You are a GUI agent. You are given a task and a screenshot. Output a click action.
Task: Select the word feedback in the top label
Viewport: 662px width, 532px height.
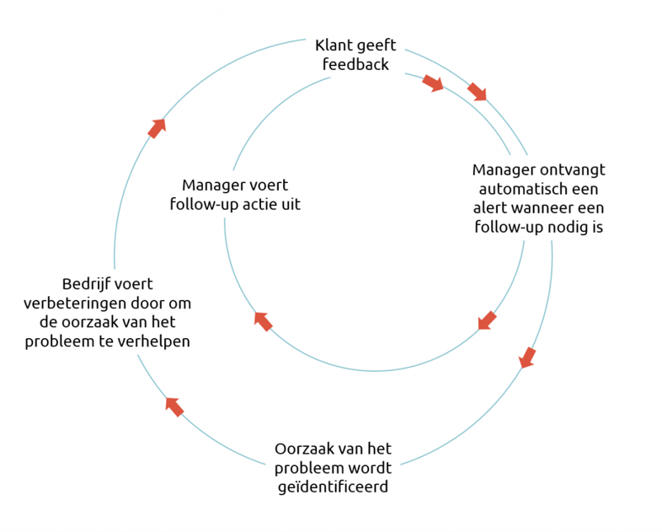pos(355,64)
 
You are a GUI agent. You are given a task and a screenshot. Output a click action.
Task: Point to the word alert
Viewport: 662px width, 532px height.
pos(491,207)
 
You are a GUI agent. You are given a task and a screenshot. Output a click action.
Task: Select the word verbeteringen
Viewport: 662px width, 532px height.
pos(79,303)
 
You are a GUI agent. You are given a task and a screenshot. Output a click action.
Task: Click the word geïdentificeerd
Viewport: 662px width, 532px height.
pos(332,486)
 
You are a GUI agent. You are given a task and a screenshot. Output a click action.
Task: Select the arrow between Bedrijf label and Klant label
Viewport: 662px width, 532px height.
pos(157,127)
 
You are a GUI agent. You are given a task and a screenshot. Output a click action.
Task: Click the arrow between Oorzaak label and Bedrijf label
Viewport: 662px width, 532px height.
pos(174,406)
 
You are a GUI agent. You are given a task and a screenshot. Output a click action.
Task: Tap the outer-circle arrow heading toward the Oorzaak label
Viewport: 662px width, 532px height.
pos(527,357)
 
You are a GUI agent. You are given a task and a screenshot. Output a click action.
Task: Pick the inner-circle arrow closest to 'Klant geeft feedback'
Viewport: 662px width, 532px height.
pos(433,83)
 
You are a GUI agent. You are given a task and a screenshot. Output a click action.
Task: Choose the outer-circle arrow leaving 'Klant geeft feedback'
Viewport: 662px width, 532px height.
pos(477,91)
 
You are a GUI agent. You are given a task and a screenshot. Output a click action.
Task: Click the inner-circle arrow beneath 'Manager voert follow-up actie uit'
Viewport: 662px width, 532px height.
pos(264,320)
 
